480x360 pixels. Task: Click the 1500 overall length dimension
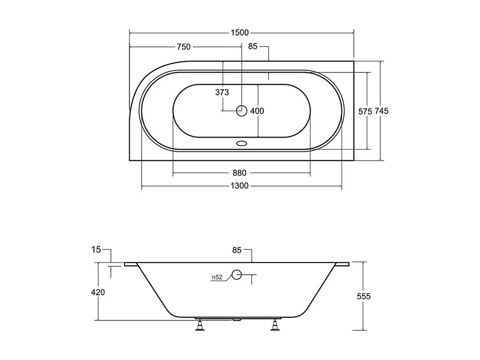coord(240,32)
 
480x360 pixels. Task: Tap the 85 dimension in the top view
coord(253,47)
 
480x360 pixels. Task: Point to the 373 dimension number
coord(222,92)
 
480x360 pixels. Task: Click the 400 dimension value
coord(257,111)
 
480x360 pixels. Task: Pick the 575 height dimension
coord(365,112)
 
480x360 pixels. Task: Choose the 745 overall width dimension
coord(381,111)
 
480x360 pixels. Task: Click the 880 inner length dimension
coord(239,173)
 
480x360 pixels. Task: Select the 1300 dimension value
coord(240,186)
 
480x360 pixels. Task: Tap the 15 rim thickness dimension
coord(96,250)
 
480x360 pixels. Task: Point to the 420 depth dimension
coord(98,292)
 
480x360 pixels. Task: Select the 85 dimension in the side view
coord(237,250)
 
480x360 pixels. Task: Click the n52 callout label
coord(217,277)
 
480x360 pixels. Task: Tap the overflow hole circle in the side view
coord(237,275)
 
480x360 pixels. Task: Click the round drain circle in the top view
coord(242,111)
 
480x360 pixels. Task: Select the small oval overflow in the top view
coord(242,144)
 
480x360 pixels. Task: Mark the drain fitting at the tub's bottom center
coord(238,319)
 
